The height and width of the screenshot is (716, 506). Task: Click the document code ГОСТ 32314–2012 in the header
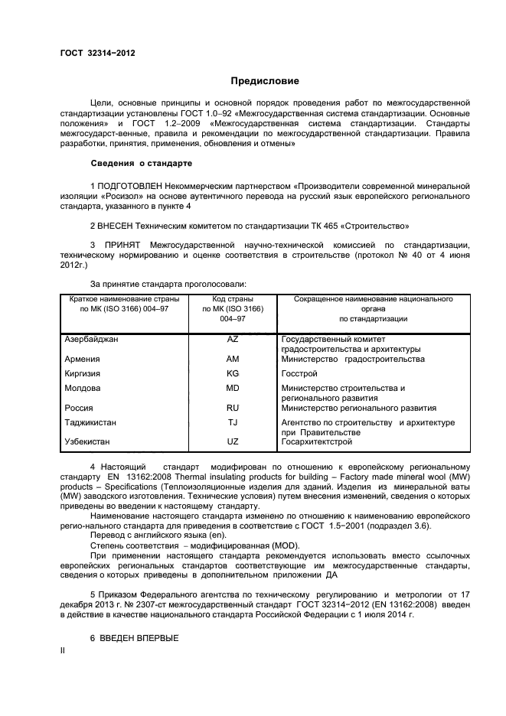click(99, 54)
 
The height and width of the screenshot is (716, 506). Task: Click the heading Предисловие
click(265, 80)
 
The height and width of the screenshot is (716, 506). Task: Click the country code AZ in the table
click(233, 338)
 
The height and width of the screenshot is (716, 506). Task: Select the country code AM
click(233, 359)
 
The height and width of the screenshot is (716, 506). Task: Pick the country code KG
click(233, 373)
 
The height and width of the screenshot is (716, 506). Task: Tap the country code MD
click(233, 388)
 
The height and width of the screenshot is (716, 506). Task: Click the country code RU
click(233, 408)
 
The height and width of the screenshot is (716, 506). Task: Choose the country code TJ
click(233, 422)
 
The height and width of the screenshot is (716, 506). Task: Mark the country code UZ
click(233, 442)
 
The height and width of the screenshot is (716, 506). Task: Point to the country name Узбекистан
click(89, 442)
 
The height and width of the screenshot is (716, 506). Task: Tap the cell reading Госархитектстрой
click(317, 442)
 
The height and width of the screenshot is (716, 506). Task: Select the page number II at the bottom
click(63, 650)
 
